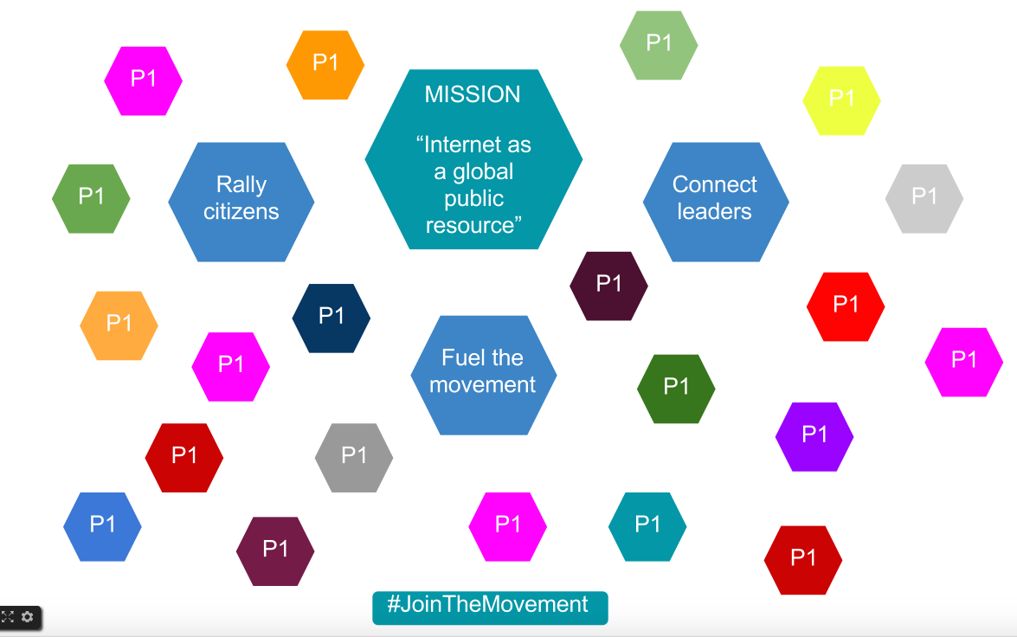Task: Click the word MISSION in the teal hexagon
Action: click(x=473, y=94)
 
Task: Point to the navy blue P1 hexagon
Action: click(x=331, y=318)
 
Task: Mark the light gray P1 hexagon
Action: click(x=924, y=198)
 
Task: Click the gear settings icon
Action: click(x=28, y=617)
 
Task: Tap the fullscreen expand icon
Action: click(x=8, y=617)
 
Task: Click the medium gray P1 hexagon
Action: click(x=354, y=457)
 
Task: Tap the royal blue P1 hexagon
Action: click(x=102, y=526)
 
